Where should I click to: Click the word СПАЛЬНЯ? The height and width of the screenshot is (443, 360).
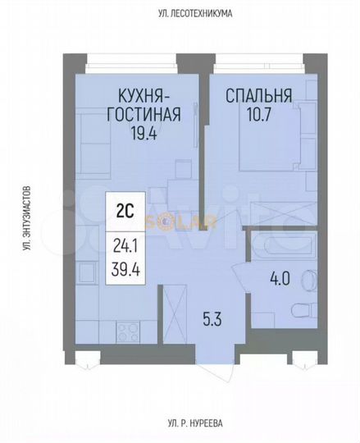coord(257,94)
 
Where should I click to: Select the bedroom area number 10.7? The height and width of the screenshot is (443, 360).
coord(257,113)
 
